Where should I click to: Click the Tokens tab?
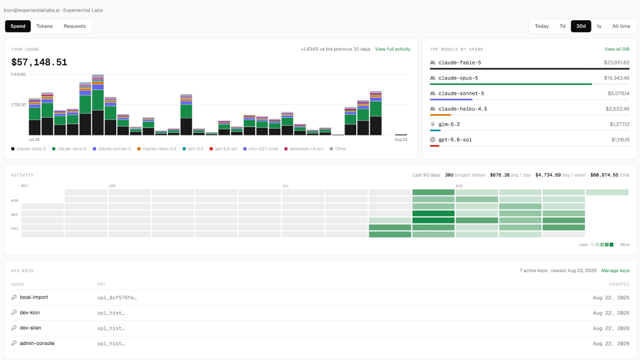tap(44, 26)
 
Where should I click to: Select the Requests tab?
tap(75, 26)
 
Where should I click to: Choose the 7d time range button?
tap(562, 26)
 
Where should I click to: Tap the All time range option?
tap(621, 26)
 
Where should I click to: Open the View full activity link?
tap(393, 49)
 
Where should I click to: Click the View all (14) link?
tap(617, 49)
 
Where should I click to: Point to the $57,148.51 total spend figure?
tap(39, 62)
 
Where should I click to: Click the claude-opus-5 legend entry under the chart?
tap(69, 149)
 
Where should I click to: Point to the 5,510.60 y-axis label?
tap(19, 74)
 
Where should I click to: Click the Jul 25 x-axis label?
tap(34, 139)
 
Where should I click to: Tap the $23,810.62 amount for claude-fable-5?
tap(617, 62)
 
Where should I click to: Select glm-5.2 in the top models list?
tap(449, 124)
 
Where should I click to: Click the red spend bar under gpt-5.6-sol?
tap(434, 146)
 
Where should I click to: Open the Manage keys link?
tap(615, 270)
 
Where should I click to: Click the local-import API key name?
tap(34, 297)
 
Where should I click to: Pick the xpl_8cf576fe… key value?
tap(117, 298)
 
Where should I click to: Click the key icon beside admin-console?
tap(14, 343)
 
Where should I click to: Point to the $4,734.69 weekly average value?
tap(548, 175)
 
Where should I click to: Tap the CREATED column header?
tap(619, 284)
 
